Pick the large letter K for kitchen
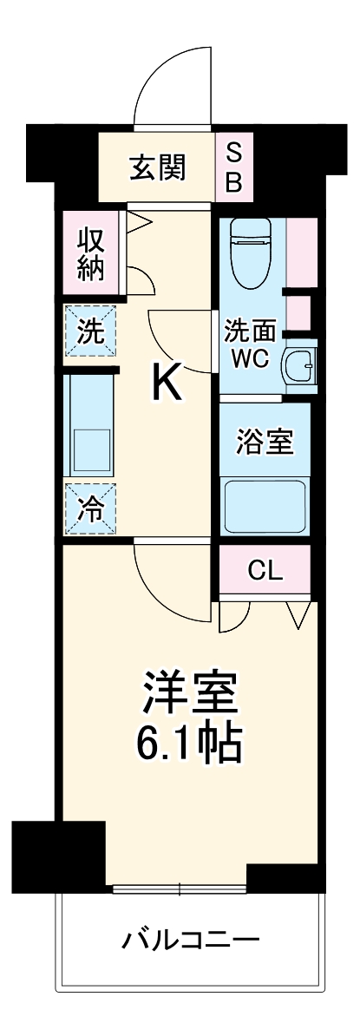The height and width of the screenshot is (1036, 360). [167, 383]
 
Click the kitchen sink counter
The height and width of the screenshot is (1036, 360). [89, 425]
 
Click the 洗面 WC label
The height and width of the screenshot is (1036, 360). [251, 343]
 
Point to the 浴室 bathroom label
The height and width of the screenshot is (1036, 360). [265, 442]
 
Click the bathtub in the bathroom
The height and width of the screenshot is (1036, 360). [265, 507]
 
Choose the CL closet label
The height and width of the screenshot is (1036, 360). [265, 570]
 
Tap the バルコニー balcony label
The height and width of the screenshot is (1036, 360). [190, 939]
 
